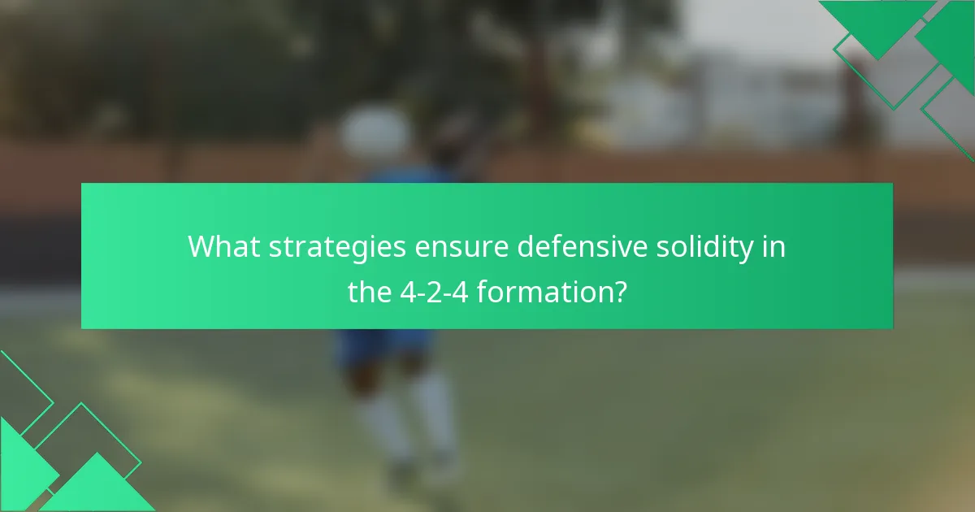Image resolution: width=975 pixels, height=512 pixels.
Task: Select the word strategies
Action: click(x=337, y=246)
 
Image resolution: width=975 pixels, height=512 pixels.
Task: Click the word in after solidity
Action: click(x=776, y=246)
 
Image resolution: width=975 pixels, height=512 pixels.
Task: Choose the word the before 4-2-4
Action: click(x=370, y=290)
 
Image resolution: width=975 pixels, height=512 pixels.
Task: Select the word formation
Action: click(x=543, y=290)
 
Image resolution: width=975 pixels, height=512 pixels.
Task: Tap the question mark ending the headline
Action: click(x=619, y=290)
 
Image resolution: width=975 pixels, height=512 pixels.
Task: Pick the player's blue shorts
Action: click(x=382, y=345)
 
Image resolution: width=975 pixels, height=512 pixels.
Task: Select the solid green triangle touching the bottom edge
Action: click(x=97, y=488)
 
